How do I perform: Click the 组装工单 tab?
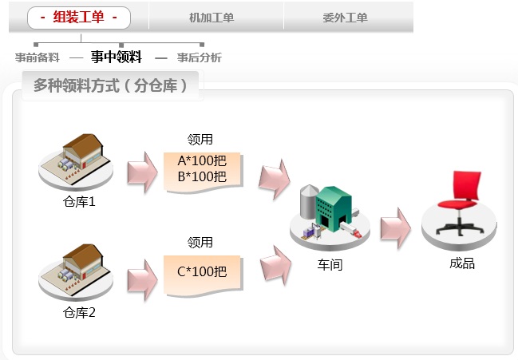(x=78, y=17)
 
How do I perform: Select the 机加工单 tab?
(x=212, y=17)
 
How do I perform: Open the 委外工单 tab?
(x=345, y=17)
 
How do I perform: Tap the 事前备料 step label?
(x=38, y=57)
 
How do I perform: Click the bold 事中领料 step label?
(x=116, y=57)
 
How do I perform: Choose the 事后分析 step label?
(x=199, y=57)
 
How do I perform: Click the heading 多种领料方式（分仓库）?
(x=111, y=85)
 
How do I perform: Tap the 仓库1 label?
(x=79, y=201)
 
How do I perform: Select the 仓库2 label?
(x=79, y=312)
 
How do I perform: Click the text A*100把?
(x=201, y=161)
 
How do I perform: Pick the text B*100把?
(x=201, y=176)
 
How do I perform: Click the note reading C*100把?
(x=201, y=271)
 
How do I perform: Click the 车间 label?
(x=330, y=264)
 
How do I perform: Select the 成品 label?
(x=462, y=263)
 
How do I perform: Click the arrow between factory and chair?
(x=395, y=227)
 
